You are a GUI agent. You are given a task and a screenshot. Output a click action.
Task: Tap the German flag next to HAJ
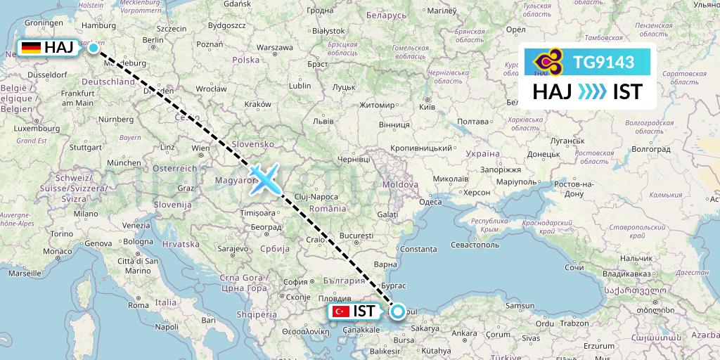click(x=31, y=48)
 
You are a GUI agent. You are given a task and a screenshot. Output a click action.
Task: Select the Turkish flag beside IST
click(x=341, y=311)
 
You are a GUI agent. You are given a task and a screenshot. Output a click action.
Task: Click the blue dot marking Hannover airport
click(x=93, y=48)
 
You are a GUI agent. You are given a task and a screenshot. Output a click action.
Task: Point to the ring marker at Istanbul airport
click(x=398, y=311)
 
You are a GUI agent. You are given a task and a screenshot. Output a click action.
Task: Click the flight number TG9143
click(x=604, y=63)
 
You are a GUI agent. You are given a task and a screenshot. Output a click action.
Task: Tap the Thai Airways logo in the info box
click(x=547, y=63)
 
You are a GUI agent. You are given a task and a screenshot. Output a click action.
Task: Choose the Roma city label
click(x=138, y=305)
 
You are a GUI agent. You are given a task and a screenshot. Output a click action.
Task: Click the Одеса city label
click(x=430, y=202)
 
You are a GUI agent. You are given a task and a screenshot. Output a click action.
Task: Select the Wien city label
click(x=200, y=148)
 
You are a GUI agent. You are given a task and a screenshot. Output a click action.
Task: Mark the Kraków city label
click(x=258, y=104)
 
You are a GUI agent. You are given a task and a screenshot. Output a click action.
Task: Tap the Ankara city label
click(x=463, y=334)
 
